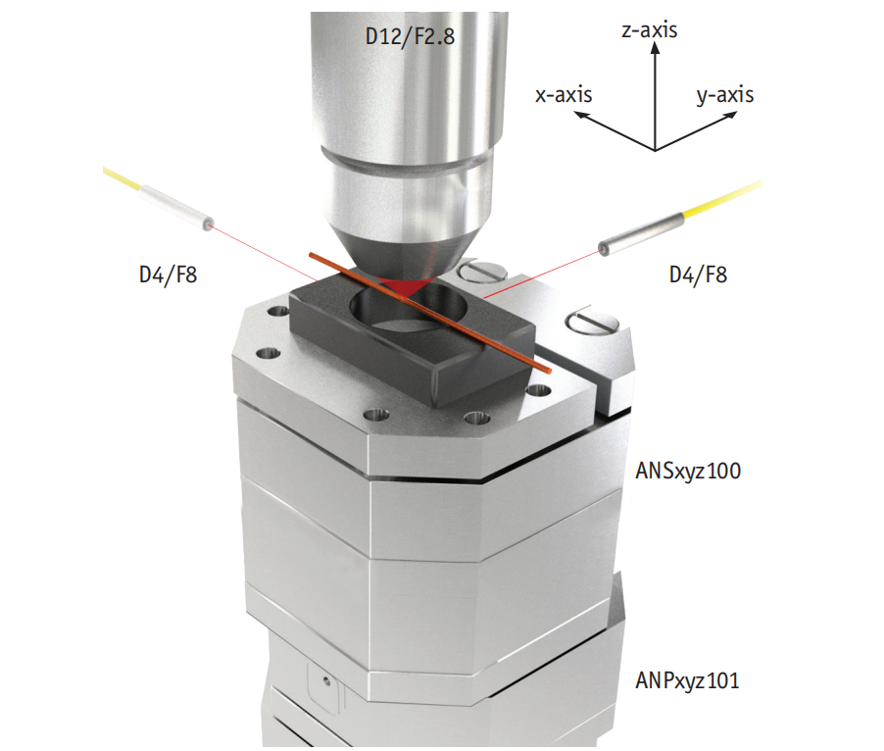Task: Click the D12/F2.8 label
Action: point(410,36)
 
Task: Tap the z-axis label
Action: point(650,29)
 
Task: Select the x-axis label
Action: point(564,95)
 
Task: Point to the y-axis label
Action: point(725,96)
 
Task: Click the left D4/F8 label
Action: point(168,275)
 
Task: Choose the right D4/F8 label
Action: point(698,275)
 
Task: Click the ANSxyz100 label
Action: point(688,472)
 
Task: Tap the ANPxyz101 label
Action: point(687,681)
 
